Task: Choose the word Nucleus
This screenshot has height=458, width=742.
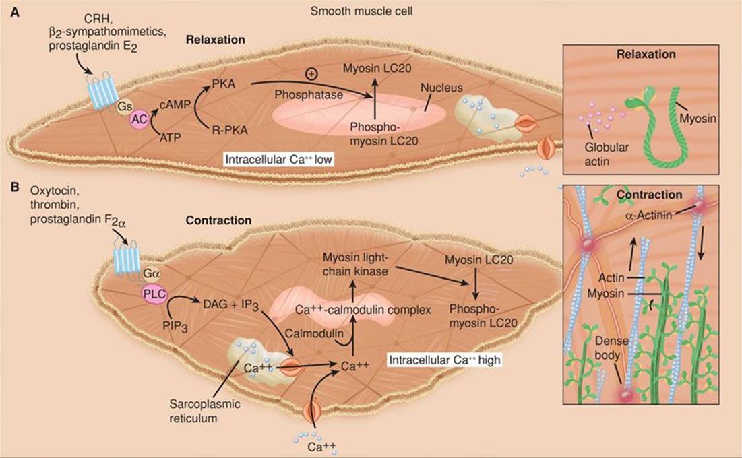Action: [x=437, y=88]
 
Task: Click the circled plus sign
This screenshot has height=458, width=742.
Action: [x=311, y=73]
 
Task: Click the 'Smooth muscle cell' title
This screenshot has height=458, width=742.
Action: [x=351, y=11]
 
